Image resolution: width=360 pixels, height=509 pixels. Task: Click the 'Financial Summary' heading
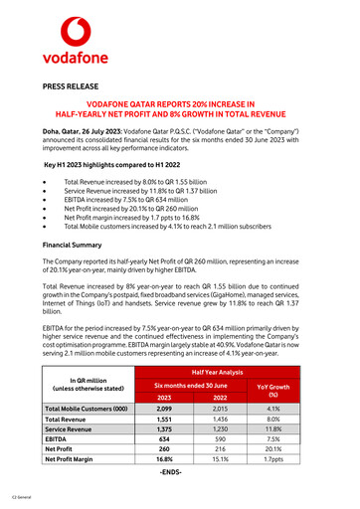pyautogui.click(x=76, y=244)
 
